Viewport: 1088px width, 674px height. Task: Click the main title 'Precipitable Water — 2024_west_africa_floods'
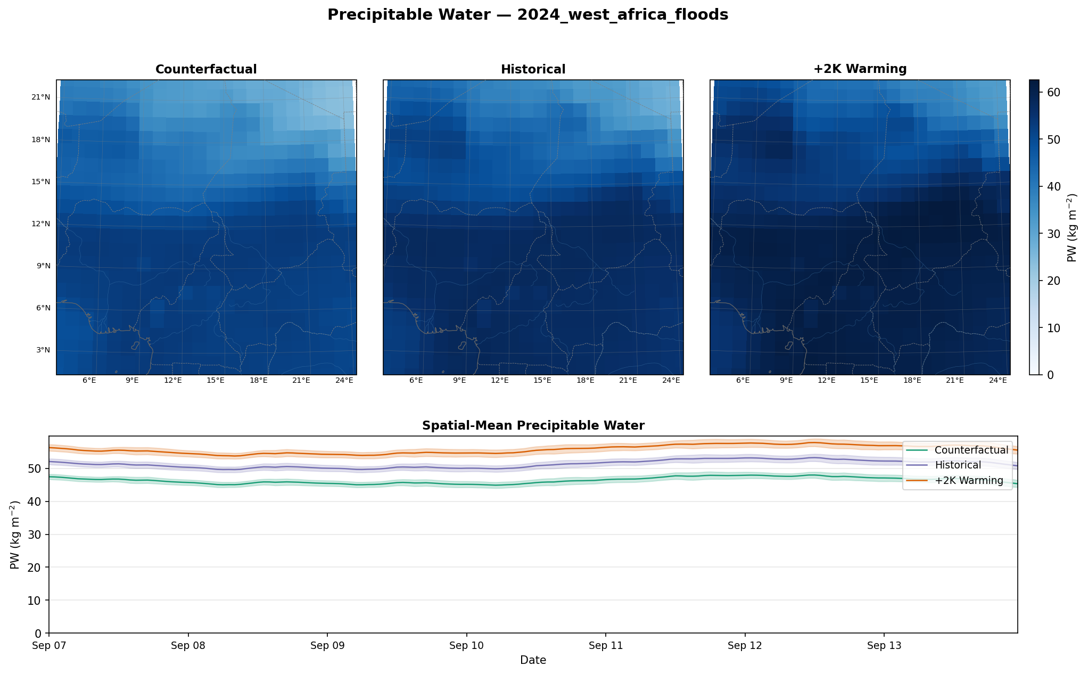(527, 15)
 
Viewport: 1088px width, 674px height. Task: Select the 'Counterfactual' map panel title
(206, 69)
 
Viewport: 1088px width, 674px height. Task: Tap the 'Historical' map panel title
(533, 69)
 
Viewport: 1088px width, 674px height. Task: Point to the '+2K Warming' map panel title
(860, 69)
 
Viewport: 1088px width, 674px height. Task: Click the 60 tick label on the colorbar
(1053, 93)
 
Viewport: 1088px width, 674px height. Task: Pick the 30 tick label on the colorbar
(1053, 234)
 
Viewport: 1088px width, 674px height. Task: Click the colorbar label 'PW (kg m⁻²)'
(1072, 227)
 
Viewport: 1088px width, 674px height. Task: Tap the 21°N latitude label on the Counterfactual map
(41, 97)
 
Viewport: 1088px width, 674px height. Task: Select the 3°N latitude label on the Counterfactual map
(43, 350)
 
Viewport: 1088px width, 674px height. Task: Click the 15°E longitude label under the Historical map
(542, 380)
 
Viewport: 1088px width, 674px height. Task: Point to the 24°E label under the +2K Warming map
(998, 380)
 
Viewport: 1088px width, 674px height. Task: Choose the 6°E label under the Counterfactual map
(89, 380)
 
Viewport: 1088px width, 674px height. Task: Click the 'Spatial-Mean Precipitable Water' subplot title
(533, 425)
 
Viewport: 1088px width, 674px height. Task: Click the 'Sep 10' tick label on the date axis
(466, 646)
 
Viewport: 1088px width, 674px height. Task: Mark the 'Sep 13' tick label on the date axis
(884, 646)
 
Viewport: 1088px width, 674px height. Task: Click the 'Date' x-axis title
(533, 660)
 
